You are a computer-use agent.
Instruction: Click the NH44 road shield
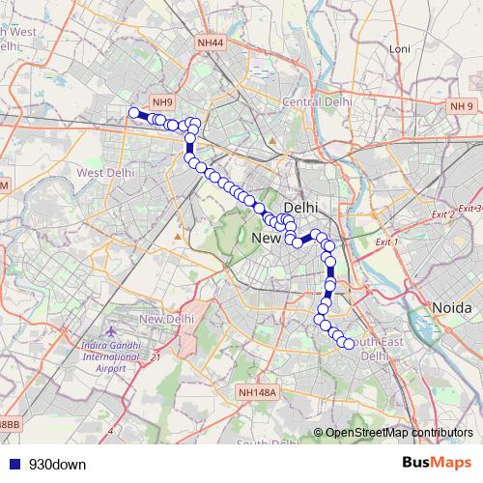point(209,43)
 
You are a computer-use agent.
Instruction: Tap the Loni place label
point(399,48)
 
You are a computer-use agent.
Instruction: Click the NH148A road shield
point(256,392)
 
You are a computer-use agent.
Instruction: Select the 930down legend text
point(57,464)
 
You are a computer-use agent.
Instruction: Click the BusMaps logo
point(436,463)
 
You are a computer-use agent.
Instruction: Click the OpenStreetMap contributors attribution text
point(399,432)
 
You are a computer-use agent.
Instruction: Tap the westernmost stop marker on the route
point(134,113)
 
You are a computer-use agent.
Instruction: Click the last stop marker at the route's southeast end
point(349,344)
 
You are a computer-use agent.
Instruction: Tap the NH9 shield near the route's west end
point(162,102)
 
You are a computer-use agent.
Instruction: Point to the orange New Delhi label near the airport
point(167,320)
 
